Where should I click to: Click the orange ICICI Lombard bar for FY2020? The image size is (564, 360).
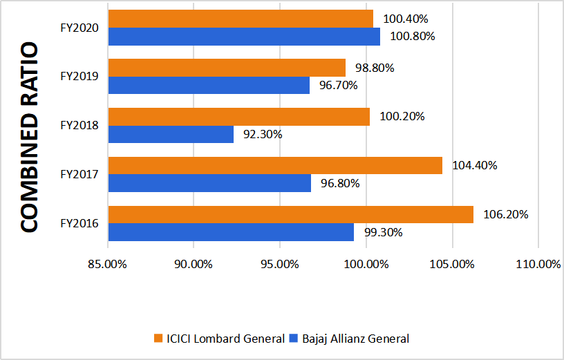(x=241, y=19)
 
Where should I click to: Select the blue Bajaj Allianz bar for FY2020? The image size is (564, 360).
(x=244, y=37)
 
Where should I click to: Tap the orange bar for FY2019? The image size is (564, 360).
(x=227, y=68)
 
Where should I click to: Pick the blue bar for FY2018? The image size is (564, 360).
(x=171, y=134)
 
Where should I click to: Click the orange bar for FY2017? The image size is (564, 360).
(x=275, y=166)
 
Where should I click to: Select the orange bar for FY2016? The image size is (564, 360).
(x=291, y=215)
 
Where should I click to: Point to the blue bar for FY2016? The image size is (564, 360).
(x=231, y=232)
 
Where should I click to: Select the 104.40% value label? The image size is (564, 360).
(x=475, y=166)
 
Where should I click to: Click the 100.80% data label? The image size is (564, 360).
(x=413, y=37)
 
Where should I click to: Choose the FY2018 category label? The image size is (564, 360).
(x=79, y=126)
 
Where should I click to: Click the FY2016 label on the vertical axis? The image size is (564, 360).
(x=79, y=224)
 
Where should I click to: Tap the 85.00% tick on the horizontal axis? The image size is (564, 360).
(x=108, y=264)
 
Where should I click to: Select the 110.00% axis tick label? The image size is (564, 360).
(x=538, y=264)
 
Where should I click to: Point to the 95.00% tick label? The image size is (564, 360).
(x=280, y=264)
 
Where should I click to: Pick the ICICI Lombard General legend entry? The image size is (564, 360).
(x=219, y=339)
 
